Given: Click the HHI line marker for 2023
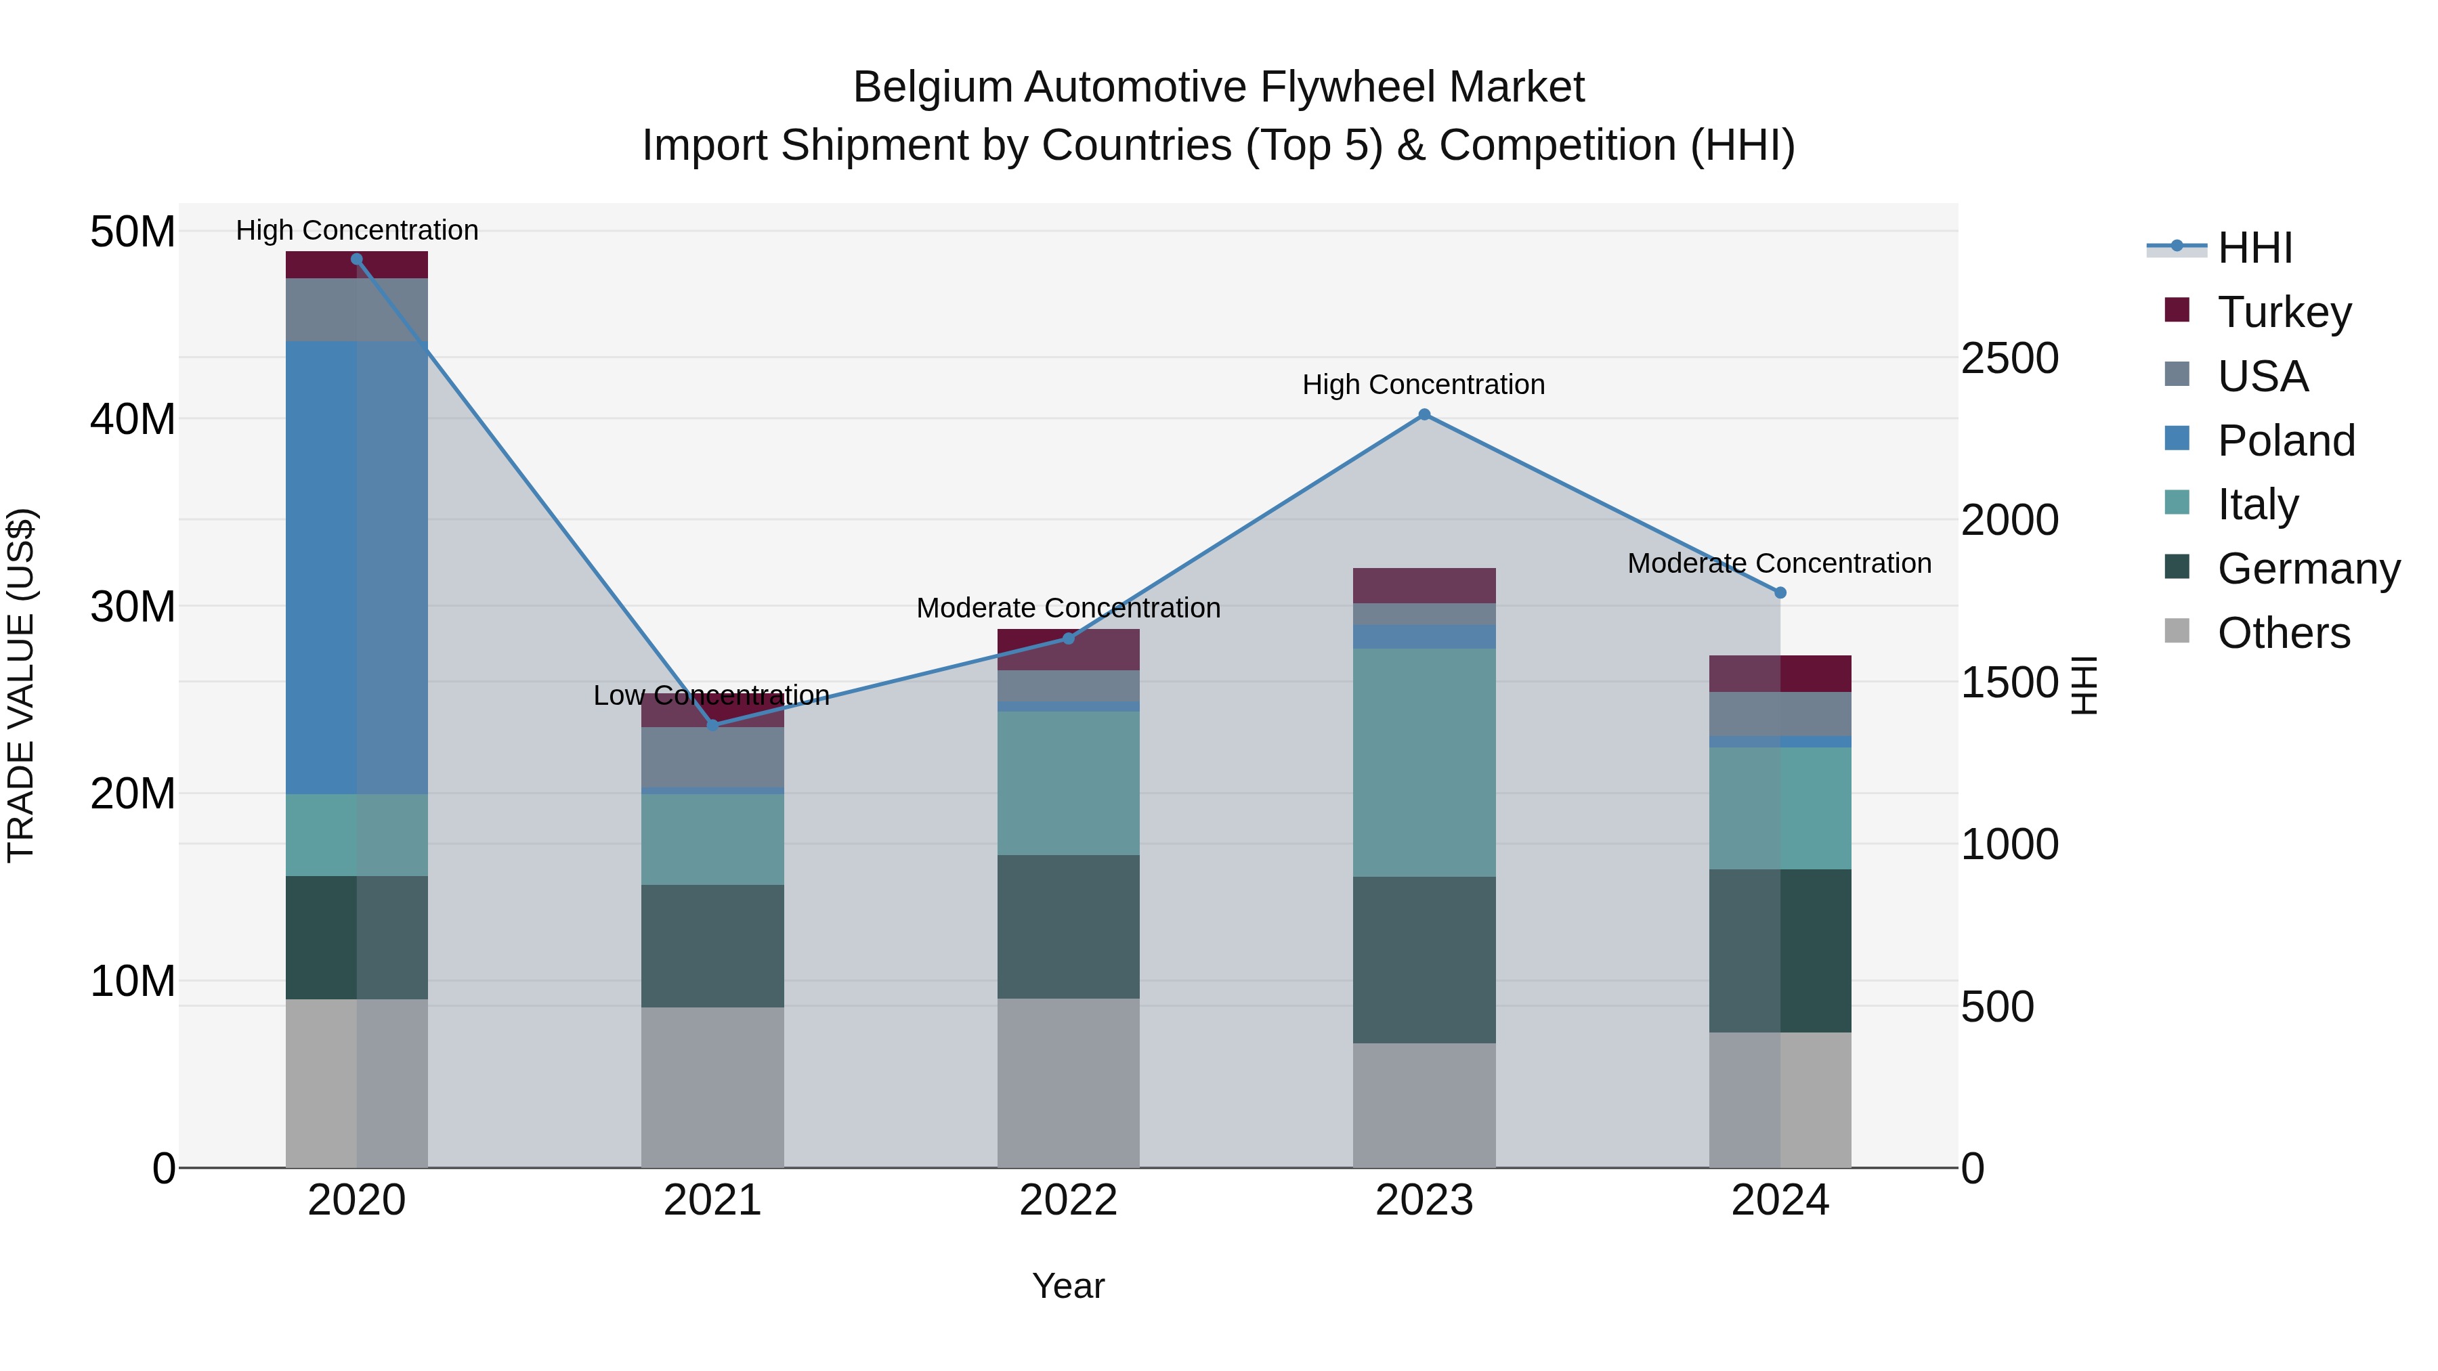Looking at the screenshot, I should tap(1424, 414).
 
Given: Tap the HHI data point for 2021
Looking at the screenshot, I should tap(712, 724).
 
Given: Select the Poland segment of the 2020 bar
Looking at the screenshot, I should tap(357, 568).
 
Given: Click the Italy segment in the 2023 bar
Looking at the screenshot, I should tap(1424, 762).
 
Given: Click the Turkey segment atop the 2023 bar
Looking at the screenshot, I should tap(1424, 585).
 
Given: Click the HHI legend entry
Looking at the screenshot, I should tap(2253, 248).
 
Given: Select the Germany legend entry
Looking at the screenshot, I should tap(2307, 569).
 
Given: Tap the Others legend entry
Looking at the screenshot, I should tap(2282, 633).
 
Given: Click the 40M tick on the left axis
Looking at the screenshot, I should tap(133, 419).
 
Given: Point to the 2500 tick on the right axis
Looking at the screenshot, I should tap(2009, 359).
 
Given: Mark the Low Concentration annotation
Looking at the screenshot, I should tap(711, 695).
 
